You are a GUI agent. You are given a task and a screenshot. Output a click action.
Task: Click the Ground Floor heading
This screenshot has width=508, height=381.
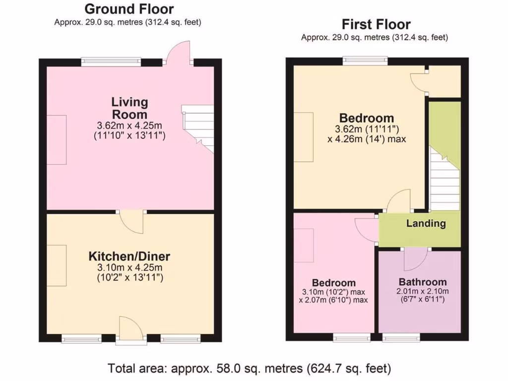pos(129,9)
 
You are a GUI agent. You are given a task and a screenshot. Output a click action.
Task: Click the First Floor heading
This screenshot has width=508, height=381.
pos(376,24)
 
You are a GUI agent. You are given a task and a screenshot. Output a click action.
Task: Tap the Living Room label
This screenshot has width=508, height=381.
pos(129,108)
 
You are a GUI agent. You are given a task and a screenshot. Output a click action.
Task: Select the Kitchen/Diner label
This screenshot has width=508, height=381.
pos(129,256)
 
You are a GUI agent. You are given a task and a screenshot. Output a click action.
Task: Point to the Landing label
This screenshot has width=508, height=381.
pos(426,223)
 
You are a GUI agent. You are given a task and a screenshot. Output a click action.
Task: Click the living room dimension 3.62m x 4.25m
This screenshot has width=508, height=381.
pos(129,126)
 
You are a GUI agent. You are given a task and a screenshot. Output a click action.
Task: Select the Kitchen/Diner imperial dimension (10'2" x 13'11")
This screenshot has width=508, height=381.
pos(129,277)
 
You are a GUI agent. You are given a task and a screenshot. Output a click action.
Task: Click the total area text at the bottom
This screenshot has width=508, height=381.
pos(250,369)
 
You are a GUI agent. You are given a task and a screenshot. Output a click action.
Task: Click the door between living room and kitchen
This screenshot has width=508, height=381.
pos(131,220)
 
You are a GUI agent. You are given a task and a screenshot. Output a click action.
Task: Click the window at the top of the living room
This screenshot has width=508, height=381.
pos(111,62)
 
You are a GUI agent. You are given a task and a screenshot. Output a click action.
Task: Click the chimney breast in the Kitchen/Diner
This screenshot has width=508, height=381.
pos(57,265)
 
